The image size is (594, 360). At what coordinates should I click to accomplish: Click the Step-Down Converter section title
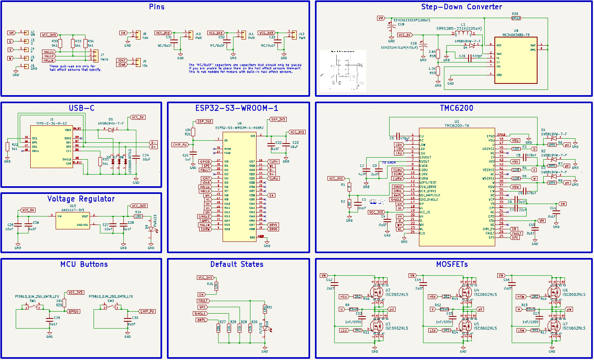(x=461, y=7)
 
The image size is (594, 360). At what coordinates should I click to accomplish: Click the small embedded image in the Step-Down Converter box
(x=343, y=70)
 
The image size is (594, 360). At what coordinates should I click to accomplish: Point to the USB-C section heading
(x=81, y=108)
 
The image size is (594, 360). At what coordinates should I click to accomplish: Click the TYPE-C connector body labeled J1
(x=52, y=147)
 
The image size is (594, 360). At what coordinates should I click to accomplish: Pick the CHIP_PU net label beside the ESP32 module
(x=180, y=145)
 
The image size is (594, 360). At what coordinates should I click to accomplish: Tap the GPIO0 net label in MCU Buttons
(x=74, y=311)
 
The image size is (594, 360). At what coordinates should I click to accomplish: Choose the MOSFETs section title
(x=452, y=264)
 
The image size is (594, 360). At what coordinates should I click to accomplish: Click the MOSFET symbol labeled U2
(x=377, y=292)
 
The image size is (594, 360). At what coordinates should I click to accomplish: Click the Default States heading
(x=237, y=264)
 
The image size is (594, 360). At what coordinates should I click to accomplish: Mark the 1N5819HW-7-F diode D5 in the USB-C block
(x=110, y=130)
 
